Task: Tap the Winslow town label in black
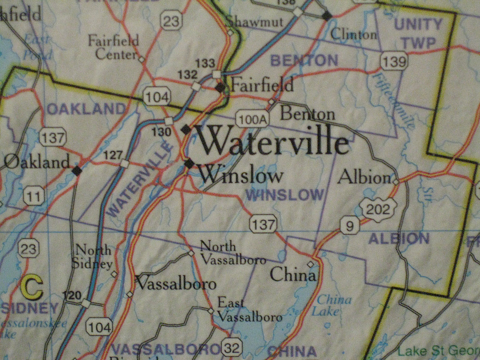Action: click(x=241, y=176)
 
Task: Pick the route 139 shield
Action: click(x=394, y=62)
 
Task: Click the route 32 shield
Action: click(x=232, y=347)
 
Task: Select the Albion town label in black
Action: click(x=364, y=177)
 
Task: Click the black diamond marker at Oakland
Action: click(x=77, y=171)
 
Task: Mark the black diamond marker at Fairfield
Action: click(x=221, y=88)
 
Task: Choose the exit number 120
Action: click(x=72, y=295)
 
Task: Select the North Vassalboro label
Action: click(x=233, y=253)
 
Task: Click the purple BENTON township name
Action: click(x=304, y=60)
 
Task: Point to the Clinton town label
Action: click(x=354, y=34)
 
